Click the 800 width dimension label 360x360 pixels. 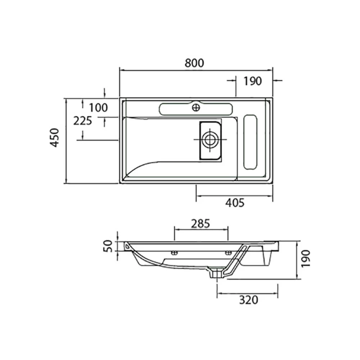(194, 63)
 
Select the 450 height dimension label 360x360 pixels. (55, 138)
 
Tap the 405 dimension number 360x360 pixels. (235, 203)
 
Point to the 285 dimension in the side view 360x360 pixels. (201, 224)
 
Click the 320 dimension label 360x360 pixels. (249, 300)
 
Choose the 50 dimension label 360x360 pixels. (108, 246)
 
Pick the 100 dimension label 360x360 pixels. (98, 108)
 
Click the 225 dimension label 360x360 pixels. (82, 121)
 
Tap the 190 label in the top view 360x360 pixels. (252, 81)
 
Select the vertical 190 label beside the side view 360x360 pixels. (306, 259)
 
